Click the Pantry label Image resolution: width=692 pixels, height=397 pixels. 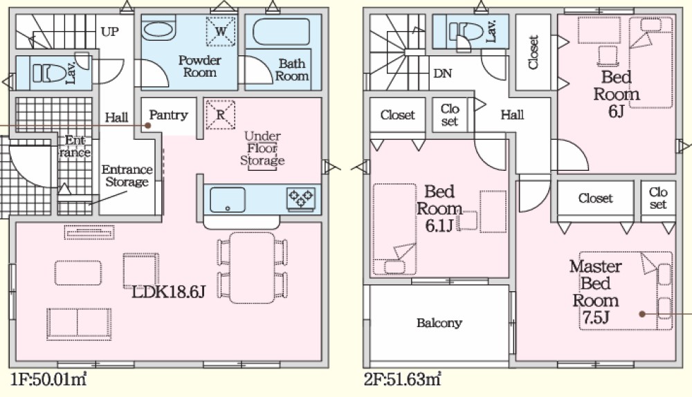pos(168,115)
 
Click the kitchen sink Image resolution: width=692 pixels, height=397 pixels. pos(228,199)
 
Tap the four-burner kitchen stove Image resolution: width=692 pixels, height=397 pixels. pos(302,198)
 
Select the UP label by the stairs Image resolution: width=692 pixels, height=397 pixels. pos(109,31)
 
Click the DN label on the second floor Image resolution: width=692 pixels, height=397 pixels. pos(442,72)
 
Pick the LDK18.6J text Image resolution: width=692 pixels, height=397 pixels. pos(170,293)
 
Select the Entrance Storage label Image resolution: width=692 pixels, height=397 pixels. pos(127,176)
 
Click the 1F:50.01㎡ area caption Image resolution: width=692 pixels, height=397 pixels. pos(48,379)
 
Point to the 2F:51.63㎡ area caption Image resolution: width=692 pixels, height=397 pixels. pos(402,379)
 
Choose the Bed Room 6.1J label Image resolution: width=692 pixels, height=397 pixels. pos(439,207)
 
